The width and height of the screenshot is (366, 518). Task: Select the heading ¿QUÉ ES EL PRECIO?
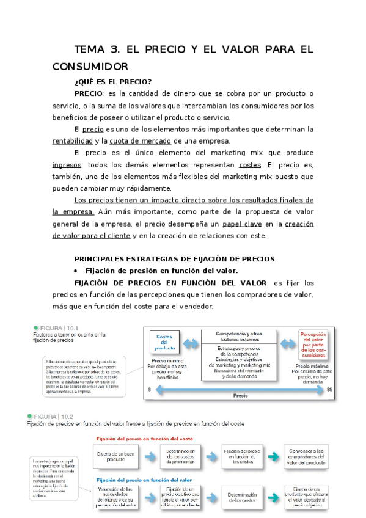[112, 81]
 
